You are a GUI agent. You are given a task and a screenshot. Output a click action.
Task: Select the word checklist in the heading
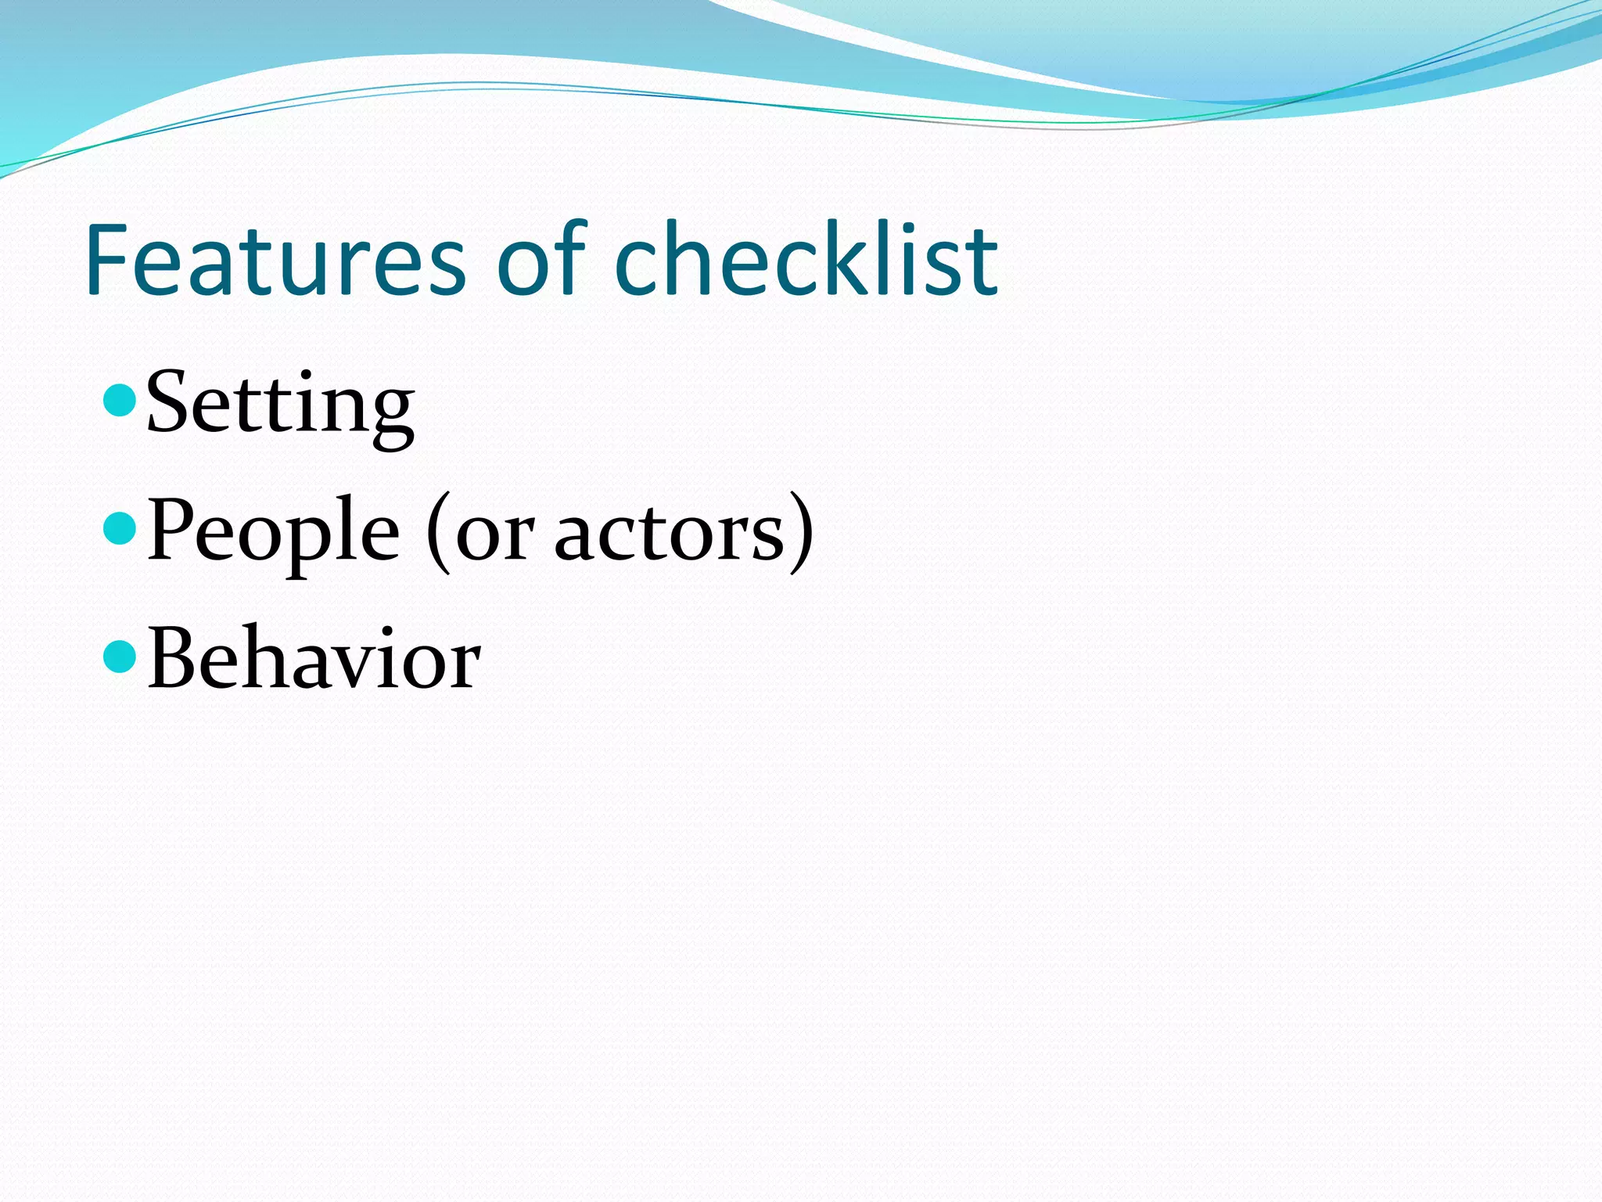click(x=806, y=261)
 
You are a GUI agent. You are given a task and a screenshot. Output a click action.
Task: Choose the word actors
click(x=669, y=536)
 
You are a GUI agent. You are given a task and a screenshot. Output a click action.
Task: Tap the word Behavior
click(x=313, y=660)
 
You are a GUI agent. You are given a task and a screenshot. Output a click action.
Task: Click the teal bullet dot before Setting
click(x=120, y=400)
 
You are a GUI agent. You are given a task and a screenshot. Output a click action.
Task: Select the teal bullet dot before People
click(x=120, y=528)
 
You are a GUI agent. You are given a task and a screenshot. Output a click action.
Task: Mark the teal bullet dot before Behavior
click(x=120, y=656)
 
